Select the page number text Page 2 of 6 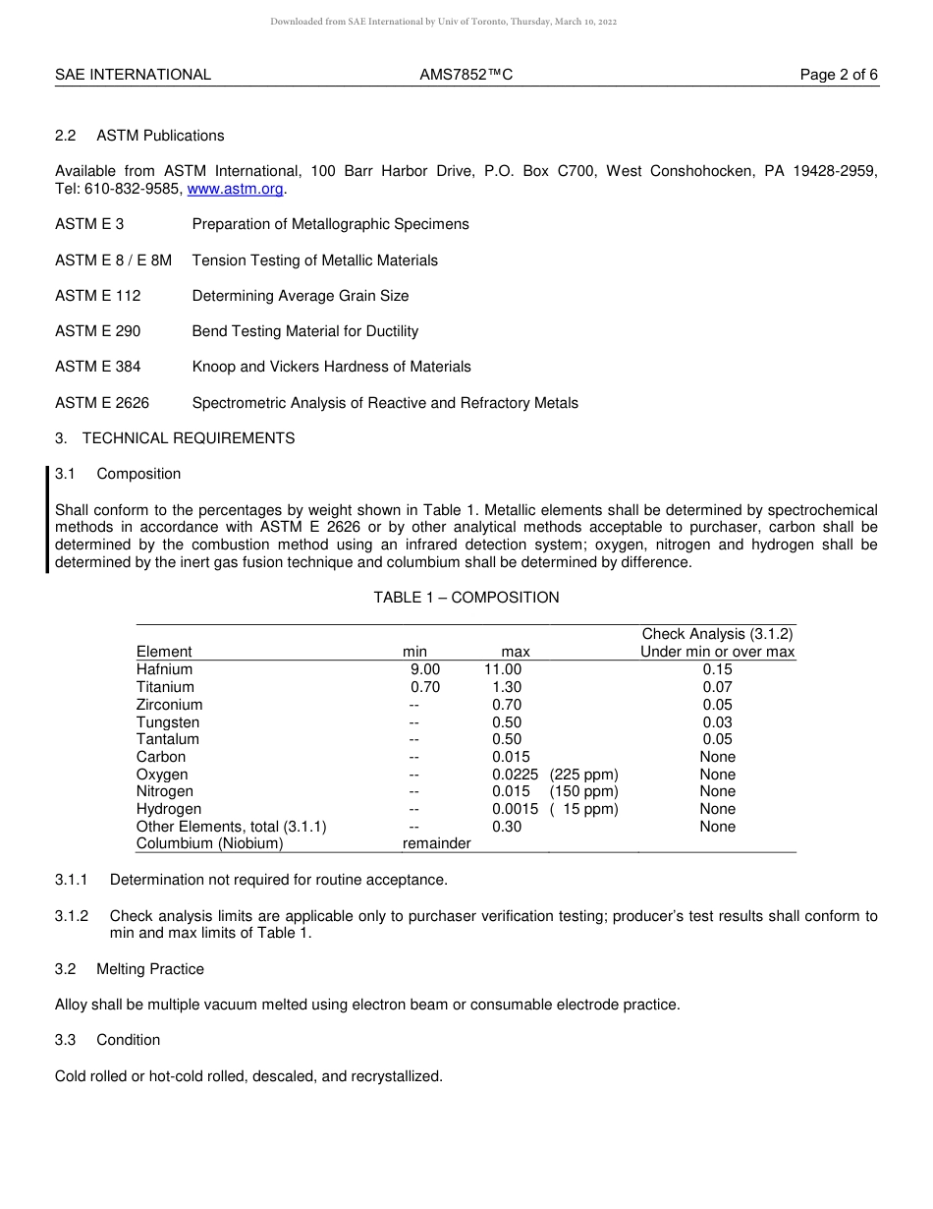(x=839, y=75)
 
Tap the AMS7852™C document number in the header (x=466, y=75)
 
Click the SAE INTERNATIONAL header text (x=133, y=75)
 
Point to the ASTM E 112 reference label (x=97, y=296)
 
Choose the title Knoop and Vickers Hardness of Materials (x=331, y=367)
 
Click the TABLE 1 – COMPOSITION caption (x=466, y=598)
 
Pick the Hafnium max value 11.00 (x=502, y=669)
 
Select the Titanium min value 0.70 (x=425, y=687)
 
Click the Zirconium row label (x=169, y=705)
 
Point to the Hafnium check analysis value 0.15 (x=717, y=669)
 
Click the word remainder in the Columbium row (x=436, y=843)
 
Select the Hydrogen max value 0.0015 (x=515, y=809)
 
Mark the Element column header (x=164, y=652)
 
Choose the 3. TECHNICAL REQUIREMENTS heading (x=175, y=438)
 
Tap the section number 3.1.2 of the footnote (x=72, y=916)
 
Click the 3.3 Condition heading (x=108, y=1040)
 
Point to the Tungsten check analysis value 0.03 (x=717, y=722)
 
